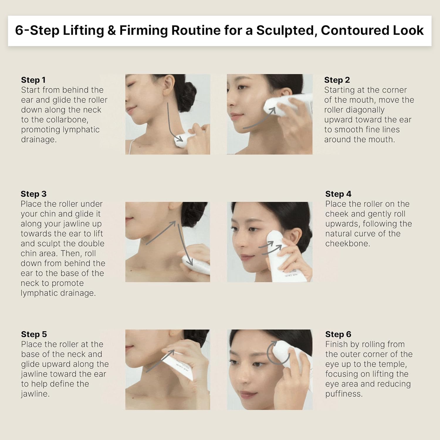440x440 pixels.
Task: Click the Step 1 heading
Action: tap(33, 80)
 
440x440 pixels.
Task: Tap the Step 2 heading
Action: tap(337, 80)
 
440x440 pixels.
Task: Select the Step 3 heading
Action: tap(33, 194)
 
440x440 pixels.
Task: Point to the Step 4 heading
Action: tap(338, 194)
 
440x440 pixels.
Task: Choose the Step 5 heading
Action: tap(34, 334)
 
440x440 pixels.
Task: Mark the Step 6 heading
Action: tap(338, 334)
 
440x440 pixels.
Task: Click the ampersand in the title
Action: tap(111, 31)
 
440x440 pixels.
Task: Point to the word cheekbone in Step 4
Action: tap(348, 243)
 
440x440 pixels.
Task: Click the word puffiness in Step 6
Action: tap(344, 394)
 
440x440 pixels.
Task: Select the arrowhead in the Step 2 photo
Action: tap(273, 111)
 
